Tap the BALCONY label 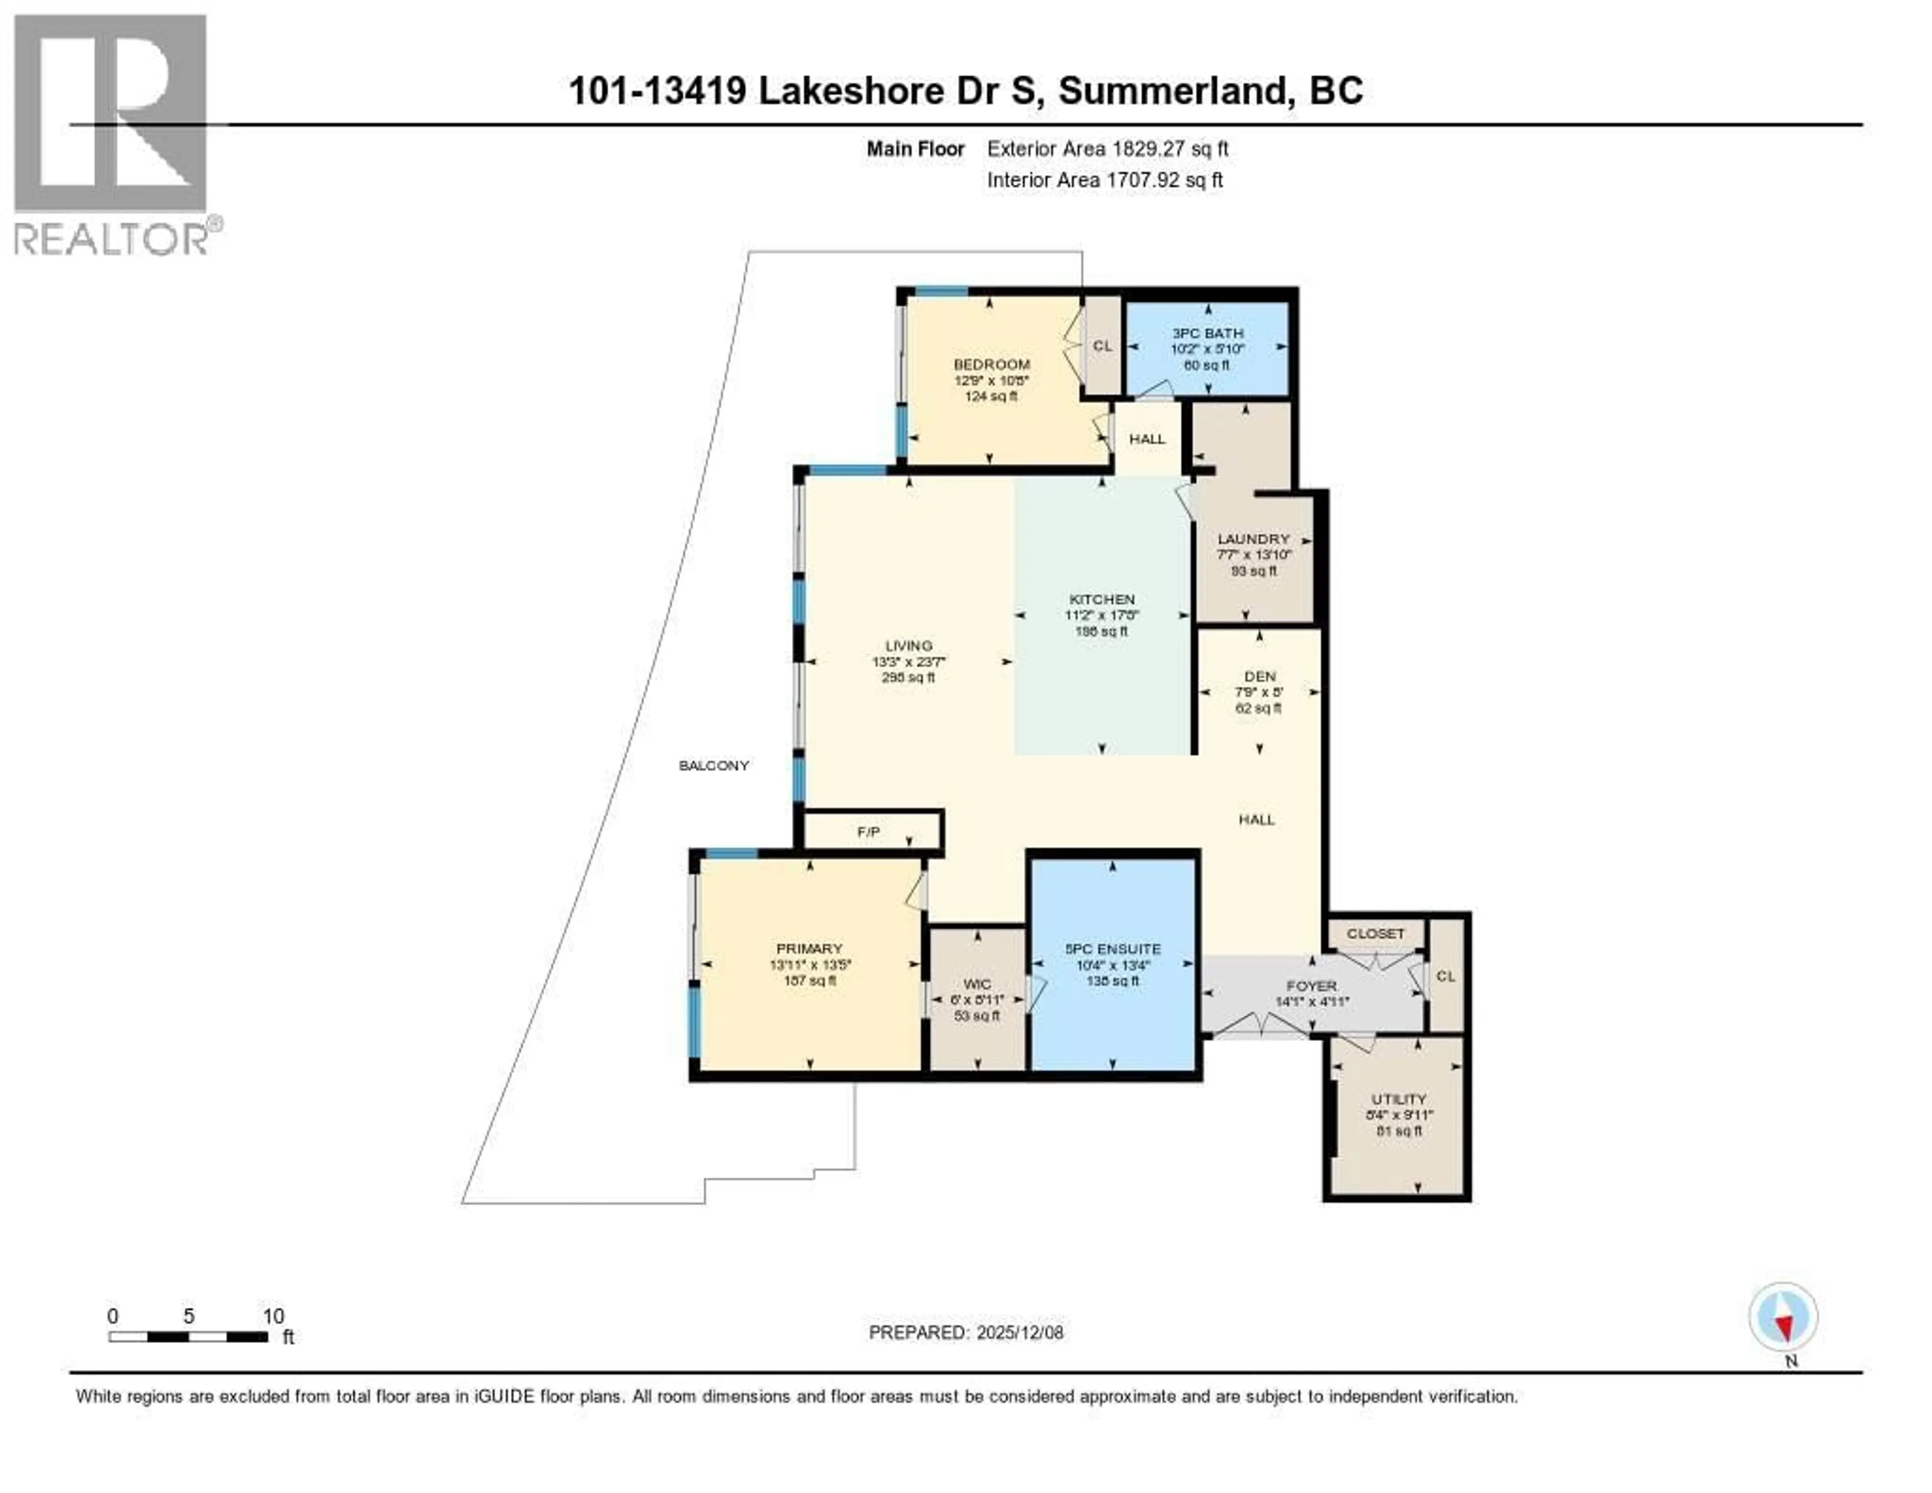point(714,766)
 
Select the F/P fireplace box point(869,832)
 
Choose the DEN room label point(1260,676)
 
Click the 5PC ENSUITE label point(1113,949)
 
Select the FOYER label point(1311,986)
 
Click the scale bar point(189,1337)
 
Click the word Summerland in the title point(1172,90)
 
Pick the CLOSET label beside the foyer point(1376,934)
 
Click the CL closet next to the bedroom point(1102,346)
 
